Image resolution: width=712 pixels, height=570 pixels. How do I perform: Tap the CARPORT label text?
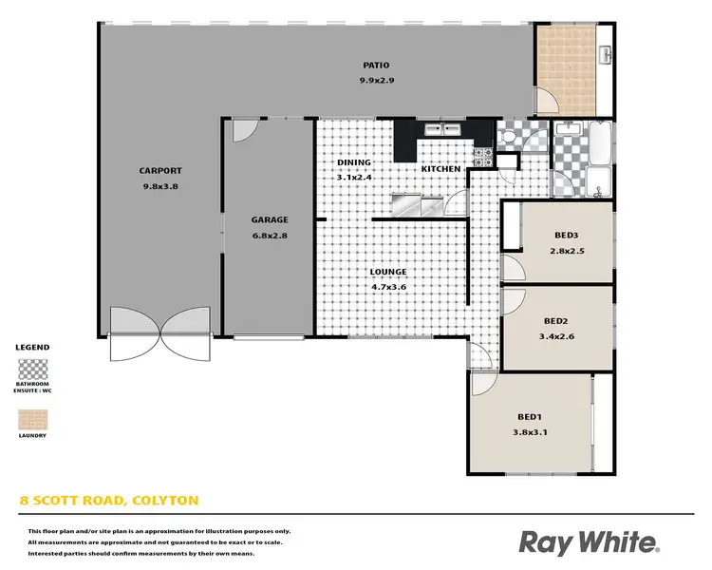(x=160, y=171)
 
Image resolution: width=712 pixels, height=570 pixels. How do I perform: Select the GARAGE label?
(x=270, y=219)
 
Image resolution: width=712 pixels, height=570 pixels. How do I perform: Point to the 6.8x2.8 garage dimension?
(x=270, y=236)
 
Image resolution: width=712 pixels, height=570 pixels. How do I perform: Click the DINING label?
(x=355, y=162)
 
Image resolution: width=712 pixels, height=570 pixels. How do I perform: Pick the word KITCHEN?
(x=441, y=169)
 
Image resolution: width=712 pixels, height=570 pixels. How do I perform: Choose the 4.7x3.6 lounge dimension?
(x=388, y=286)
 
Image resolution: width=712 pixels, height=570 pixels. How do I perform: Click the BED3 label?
(x=567, y=237)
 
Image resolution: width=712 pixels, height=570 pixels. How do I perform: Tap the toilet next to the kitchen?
(x=508, y=139)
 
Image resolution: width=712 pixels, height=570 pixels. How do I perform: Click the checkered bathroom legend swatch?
(x=32, y=368)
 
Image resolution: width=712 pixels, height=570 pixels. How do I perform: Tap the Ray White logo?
(x=588, y=542)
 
